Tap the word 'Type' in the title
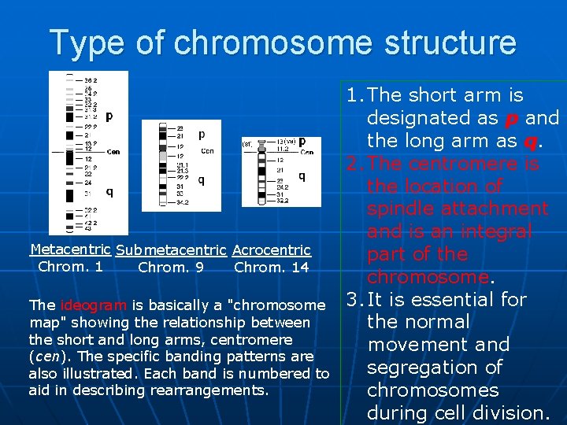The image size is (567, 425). click(87, 43)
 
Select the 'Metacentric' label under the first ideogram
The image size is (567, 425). click(70, 249)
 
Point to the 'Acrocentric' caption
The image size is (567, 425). click(272, 250)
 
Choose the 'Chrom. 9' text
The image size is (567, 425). click(171, 268)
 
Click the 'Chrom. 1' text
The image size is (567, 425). click(70, 267)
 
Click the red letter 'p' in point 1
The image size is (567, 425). click(511, 119)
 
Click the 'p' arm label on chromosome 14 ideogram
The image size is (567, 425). click(302, 142)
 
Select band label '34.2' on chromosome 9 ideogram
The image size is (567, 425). click(181, 201)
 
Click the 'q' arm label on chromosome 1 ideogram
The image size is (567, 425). click(109, 191)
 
